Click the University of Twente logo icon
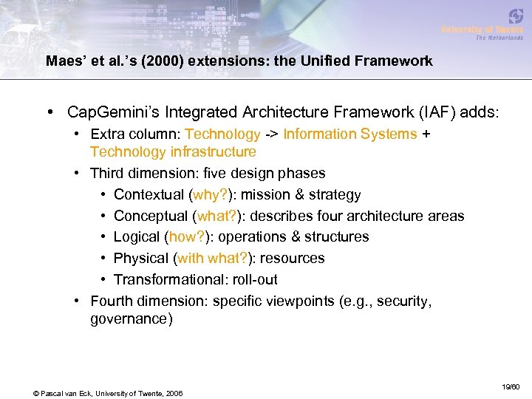coord(516,16)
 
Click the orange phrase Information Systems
coord(350,134)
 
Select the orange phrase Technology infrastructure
coord(173,151)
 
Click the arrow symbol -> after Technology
coord(272,134)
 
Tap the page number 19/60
coord(511,386)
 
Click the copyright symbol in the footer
coord(36,392)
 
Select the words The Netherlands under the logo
coord(499,38)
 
